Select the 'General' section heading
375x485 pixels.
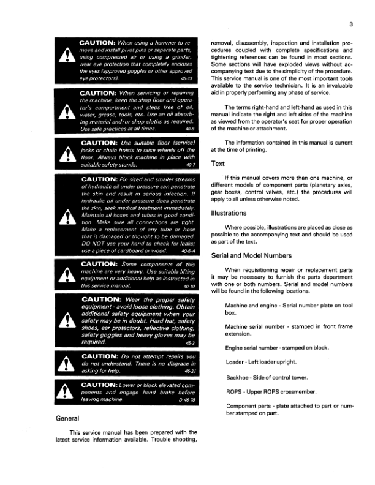69,418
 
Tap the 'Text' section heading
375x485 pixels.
218,164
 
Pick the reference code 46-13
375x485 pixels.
193,80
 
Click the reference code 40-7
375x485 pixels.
194,166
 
